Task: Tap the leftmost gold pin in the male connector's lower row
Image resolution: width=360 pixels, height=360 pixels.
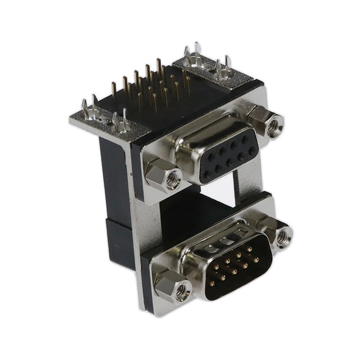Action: pyautogui.click(x=215, y=279)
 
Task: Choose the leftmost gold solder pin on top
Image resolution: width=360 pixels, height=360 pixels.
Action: pyautogui.click(x=114, y=90)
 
